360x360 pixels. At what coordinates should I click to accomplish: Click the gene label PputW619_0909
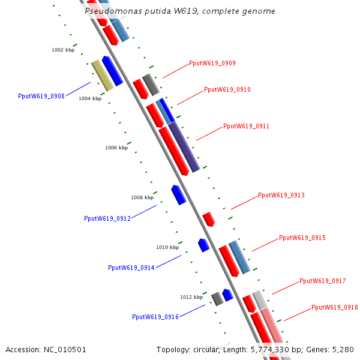point(212,63)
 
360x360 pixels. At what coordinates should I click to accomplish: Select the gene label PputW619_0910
point(227,89)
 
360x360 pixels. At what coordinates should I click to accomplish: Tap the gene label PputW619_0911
point(246,126)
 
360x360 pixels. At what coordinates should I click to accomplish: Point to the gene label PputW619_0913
point(281,195)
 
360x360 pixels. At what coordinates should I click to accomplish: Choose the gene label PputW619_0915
point(302,238)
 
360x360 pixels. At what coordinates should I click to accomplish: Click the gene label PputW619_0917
point(322,281)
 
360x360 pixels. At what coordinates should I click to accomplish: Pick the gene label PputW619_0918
point(334,307)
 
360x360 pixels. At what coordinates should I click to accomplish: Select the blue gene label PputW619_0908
point(41,96)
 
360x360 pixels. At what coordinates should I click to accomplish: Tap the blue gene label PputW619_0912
point(107,218)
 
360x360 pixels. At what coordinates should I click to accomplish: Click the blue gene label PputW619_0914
point(131,268)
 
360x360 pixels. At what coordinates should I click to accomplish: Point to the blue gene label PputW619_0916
point(155,317)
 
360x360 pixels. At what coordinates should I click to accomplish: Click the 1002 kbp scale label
point(63,50)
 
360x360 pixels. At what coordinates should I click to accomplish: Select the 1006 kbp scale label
point(116,148)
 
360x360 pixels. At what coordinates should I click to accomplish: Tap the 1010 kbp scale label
point(167,247)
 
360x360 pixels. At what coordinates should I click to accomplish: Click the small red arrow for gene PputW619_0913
point(208,219)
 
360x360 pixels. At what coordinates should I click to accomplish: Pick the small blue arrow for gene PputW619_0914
point(204,245)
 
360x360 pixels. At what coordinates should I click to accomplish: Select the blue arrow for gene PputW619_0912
point(179,195)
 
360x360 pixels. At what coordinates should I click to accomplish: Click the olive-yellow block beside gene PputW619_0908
point(102,75)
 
